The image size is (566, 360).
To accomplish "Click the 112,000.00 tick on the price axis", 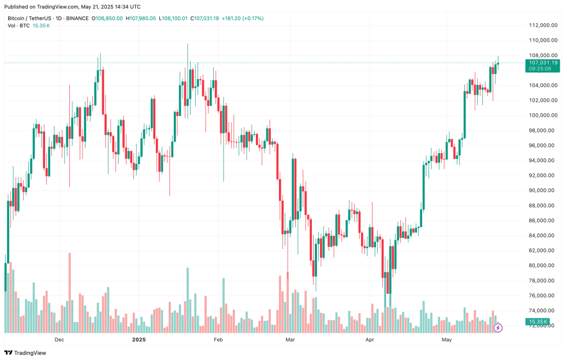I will (x=542, y=25).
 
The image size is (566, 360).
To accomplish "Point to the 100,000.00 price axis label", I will (x=542, y=116).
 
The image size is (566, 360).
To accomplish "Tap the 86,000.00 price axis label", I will (x=542, y=221).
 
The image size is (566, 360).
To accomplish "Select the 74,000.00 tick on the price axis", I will (x=542, y=311).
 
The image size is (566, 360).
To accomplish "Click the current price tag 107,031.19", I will (x=542, y=62).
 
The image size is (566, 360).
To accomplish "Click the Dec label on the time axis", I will (x=59, y=340).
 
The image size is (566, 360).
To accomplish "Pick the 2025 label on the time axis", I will (x=139, y=340).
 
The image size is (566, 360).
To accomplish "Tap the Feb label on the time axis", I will (x=218, y=340).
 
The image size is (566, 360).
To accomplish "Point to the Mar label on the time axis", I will (x=291, y=340).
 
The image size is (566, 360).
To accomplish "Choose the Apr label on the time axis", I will (x=370, y=340).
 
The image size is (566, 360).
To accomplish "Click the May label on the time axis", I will (x=446, y=340).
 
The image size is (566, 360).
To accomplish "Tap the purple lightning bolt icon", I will (x=498, y=328).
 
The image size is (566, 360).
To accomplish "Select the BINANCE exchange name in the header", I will (x=77, y=18).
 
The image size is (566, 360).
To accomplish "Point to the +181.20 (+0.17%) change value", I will (x=243, y=18).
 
